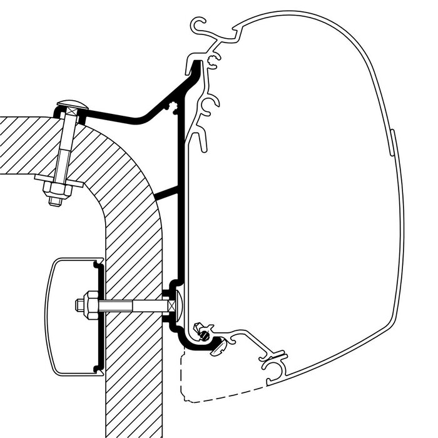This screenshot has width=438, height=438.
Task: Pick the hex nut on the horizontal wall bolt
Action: [83, 305]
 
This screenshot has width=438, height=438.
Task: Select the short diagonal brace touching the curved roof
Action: [166, 193]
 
